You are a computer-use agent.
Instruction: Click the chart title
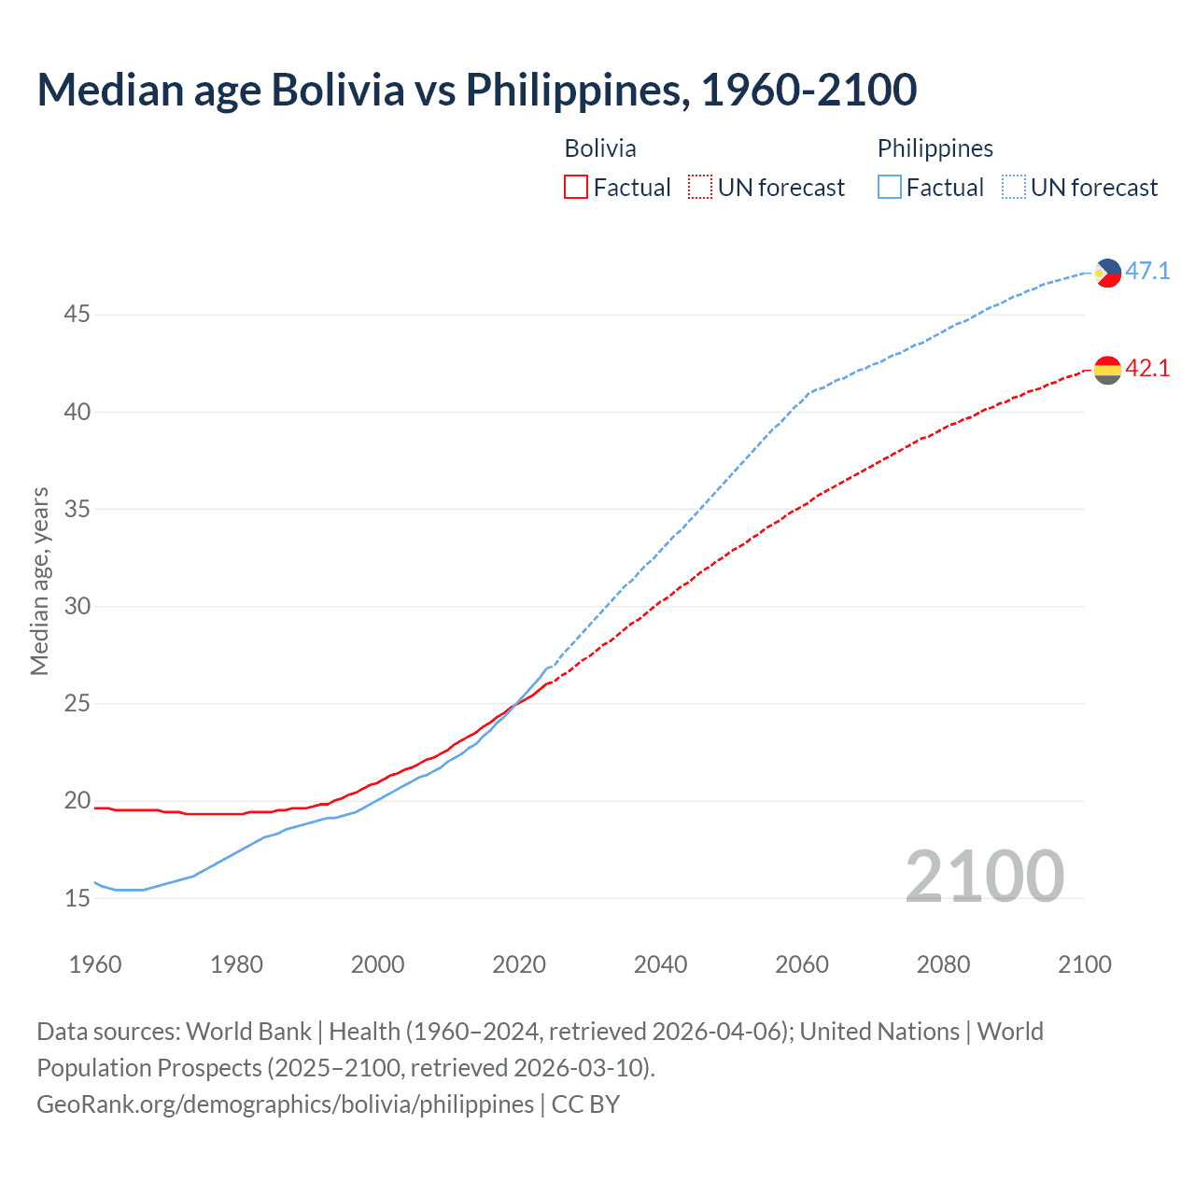point(476,90)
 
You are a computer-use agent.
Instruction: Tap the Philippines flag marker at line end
point(1107,273)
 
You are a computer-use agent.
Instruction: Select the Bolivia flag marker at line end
point(1107,370)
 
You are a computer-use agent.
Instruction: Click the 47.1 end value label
point(1147,272)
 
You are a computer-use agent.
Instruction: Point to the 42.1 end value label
point(1147,369)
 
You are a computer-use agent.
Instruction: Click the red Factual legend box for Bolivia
point(576,188)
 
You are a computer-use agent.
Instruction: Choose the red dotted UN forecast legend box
point(700,188)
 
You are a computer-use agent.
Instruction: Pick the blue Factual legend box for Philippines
point(889,188)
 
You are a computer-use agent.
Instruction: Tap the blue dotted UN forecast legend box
point(1013,188)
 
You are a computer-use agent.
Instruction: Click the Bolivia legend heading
point(600,148)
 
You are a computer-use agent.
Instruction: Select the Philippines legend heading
point(935,148)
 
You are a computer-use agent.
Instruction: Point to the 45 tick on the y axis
point(77,315)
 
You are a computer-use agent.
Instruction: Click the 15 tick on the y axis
point(77,898)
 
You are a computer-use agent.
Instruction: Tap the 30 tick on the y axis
point(77,607)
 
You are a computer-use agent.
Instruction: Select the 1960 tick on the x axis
point(95,964)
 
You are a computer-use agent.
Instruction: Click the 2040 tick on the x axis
point(660,964)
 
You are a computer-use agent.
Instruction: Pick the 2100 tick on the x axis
point(1084,964)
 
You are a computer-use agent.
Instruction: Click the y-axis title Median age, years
point(39,581)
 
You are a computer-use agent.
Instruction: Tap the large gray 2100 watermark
point(984,876)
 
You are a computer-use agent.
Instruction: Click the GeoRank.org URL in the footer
point(285,1104)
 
